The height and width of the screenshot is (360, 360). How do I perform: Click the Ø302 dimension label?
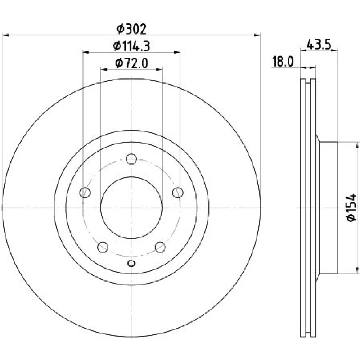[131, 29]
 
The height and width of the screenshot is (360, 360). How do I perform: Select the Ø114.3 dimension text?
[131, 46]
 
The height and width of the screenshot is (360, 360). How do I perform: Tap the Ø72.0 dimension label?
[131, 63]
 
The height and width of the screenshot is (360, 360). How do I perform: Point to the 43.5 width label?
[319, 44]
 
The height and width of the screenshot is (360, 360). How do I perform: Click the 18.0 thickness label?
[283, 62]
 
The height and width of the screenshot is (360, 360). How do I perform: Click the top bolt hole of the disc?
[131, 159]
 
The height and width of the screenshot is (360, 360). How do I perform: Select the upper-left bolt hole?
[85, 192]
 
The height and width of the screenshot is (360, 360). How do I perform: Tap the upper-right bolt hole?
[178, 192]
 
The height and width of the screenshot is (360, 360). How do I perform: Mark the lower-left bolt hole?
[103, 247]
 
